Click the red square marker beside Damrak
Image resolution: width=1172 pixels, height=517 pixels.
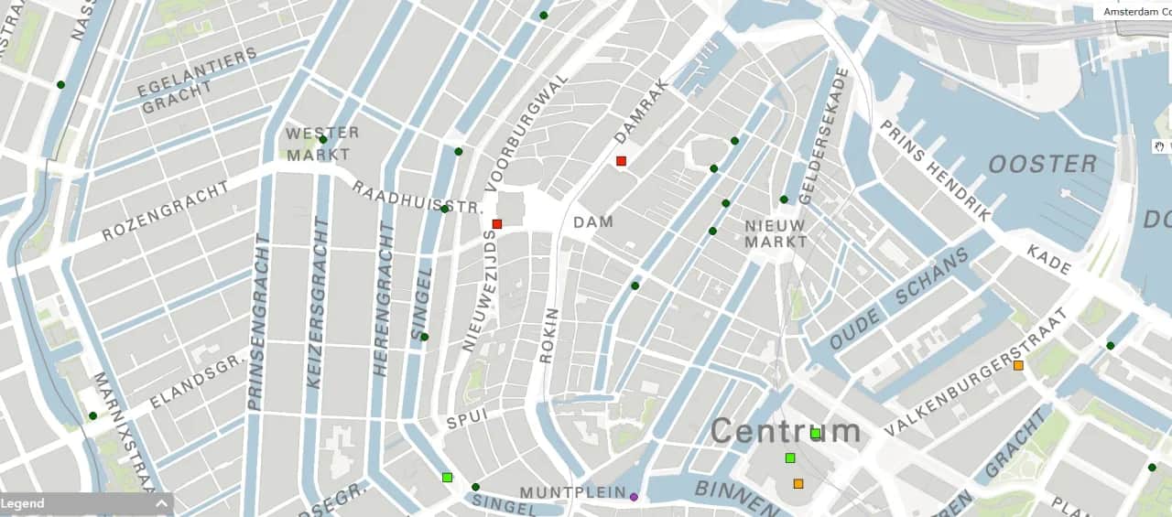tap(621, 161)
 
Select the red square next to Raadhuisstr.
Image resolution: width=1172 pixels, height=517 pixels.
tap(497, 223)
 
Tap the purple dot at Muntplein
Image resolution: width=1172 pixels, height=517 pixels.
tap(634, 497)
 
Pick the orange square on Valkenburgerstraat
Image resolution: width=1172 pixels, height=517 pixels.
tap(1018, 366)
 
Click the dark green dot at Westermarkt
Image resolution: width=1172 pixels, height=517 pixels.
tap(323, 140)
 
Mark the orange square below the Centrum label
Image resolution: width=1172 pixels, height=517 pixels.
tap(798, 483)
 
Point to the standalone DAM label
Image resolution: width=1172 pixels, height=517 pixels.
tap(593, 222)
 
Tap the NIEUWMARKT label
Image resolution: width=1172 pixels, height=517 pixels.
tap(775, 233)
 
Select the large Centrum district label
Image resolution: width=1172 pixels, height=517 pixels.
tap(786, 431)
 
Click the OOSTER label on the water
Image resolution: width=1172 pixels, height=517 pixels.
tap(1042, 165)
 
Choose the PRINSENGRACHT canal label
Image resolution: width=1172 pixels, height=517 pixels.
tap(256, 320)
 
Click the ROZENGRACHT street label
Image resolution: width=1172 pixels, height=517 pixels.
tap(165, 210)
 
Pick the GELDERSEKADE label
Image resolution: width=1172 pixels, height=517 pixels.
tap(819, 135)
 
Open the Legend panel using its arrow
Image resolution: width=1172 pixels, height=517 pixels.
tap(162, 503)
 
